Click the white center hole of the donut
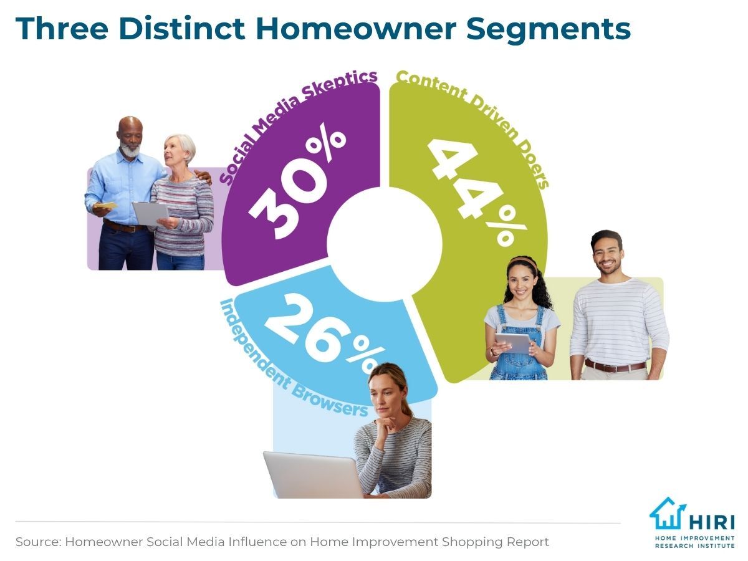(385, 244)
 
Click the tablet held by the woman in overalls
(513, 343)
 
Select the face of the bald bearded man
(130, 137)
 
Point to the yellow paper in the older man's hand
(105, 206)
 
